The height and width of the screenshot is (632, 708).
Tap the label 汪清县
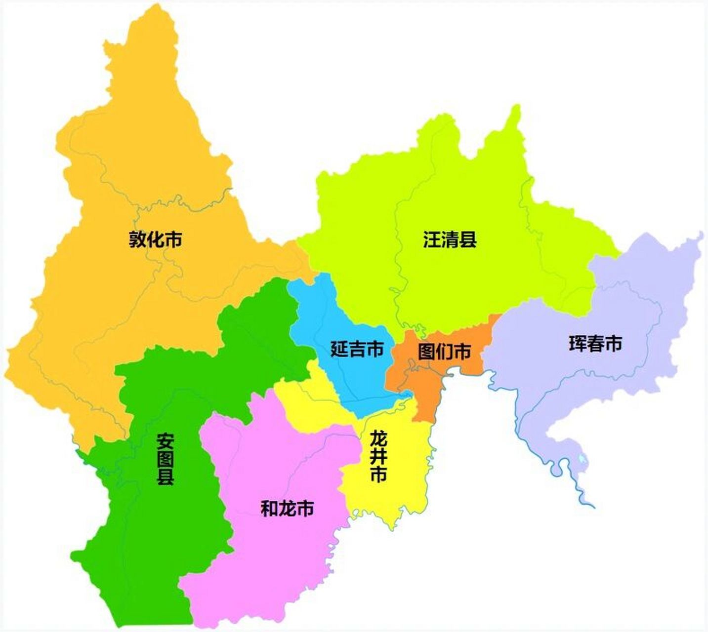point(450,240)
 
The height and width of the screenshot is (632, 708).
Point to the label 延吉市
point(357,350)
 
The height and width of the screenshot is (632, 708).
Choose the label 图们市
point(444,352)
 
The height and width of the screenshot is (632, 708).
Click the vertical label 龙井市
point(378,456)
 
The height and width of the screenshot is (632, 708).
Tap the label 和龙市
point(287,508)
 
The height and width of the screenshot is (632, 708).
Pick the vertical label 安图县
point(166,459)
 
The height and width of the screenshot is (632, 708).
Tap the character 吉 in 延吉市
point(357,350)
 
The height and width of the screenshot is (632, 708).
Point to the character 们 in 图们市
point(444,352)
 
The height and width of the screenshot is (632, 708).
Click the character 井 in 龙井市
point(378,457)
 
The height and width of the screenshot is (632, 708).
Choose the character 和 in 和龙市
point(269,508)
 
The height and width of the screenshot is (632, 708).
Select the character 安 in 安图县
point(166,440)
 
